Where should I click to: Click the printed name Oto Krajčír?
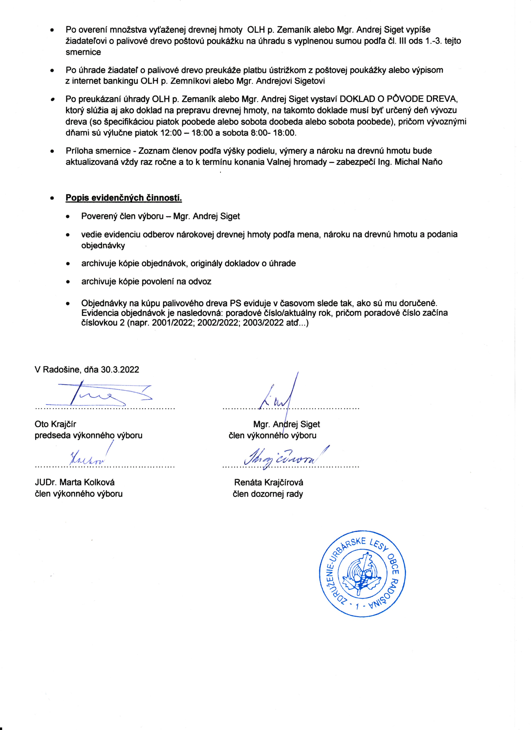55,424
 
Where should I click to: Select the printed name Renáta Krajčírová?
269,482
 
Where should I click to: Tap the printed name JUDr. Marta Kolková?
75,482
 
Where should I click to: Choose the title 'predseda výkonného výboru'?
88,435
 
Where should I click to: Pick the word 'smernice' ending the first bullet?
83,52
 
